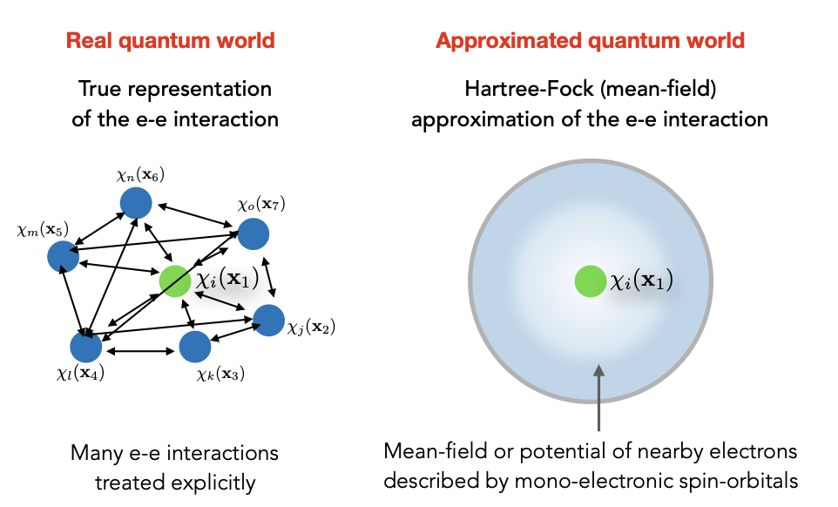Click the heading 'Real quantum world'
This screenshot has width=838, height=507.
[x=171, y=41]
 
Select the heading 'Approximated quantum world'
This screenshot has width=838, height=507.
[x=590, y=41]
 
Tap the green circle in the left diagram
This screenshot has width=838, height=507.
[x=175, y=281]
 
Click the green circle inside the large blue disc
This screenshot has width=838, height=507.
[x=590, y=281]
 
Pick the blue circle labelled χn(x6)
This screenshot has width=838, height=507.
[x=137, y=203]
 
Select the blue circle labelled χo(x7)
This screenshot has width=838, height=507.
[x=253, y=233]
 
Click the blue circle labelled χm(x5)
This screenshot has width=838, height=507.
[x=62, y=257]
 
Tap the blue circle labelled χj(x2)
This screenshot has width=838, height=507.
[x=268, y=320]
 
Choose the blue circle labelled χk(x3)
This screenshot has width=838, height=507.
[x=195, y=347]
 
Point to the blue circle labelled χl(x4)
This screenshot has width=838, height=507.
[x=85, y=347]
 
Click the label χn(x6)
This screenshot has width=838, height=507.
[x=140, y=176]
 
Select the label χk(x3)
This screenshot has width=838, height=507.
[x=220, y=375]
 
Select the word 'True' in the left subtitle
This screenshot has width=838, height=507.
[x=98, y=89]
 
